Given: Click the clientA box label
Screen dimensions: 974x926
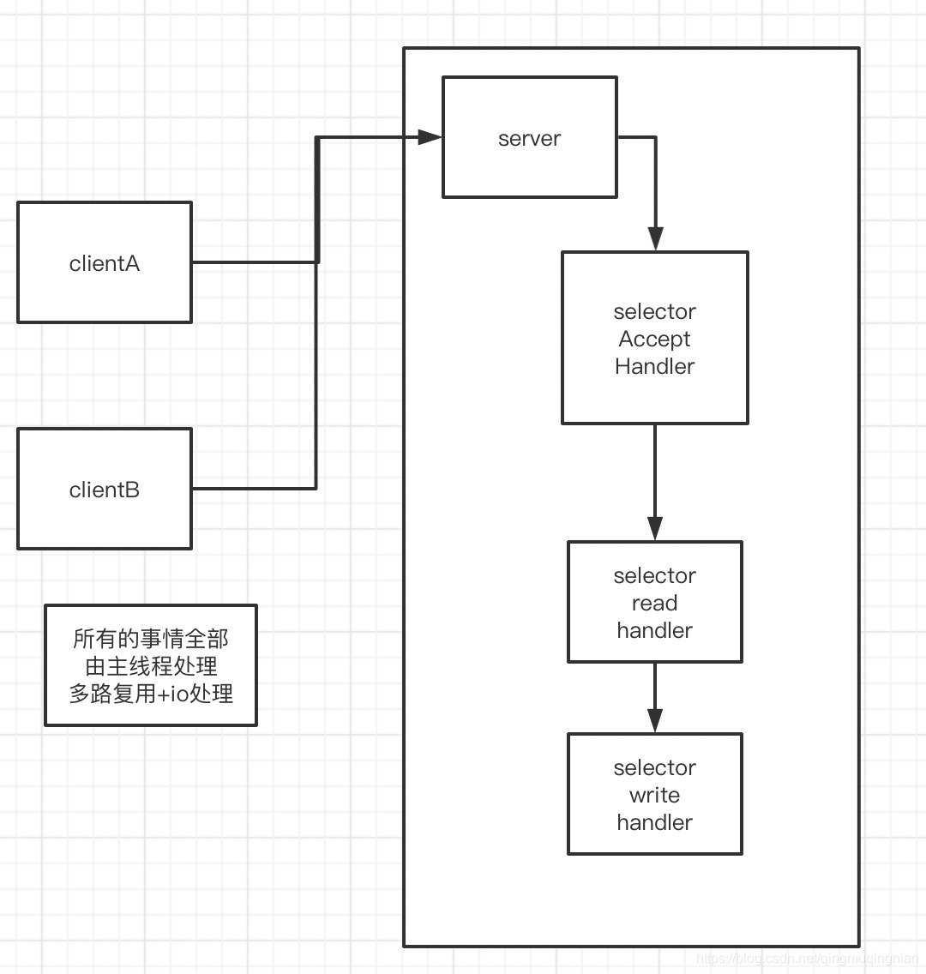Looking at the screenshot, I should tap(104, 263).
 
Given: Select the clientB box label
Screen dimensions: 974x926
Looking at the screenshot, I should tap(104, 490).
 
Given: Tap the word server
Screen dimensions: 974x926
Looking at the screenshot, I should tap(529, 138).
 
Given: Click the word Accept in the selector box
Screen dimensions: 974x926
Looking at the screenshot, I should tap(654, 339).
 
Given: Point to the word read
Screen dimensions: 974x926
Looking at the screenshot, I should tap(654, 603).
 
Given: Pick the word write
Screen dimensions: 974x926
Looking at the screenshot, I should tap(654, 795).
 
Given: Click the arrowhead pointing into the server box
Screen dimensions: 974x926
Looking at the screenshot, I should tap(430, 136).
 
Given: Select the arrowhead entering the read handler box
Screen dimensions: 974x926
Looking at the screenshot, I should tap(655, 528).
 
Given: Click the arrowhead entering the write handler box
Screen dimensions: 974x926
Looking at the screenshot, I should tap(655, 720).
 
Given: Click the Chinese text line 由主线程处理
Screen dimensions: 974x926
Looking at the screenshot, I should tap(151, 666).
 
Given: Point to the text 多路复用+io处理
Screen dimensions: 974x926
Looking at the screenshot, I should tap(151, 694).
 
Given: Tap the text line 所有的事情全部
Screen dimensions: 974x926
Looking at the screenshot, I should tap(151, 639).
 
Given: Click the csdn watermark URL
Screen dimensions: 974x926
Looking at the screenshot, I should tap(808, 959).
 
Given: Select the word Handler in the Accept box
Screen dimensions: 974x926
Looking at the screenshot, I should tap(654, 366).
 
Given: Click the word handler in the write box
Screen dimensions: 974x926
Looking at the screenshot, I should tap(654, 822).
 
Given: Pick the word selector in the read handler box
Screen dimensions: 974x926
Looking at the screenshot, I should tap(654, 575).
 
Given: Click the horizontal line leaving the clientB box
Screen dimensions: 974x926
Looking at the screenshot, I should tap(253, 489).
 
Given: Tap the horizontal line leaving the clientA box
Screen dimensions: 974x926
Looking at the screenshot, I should tap(253, 262).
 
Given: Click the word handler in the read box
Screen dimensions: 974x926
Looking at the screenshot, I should tap(654, 630).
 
